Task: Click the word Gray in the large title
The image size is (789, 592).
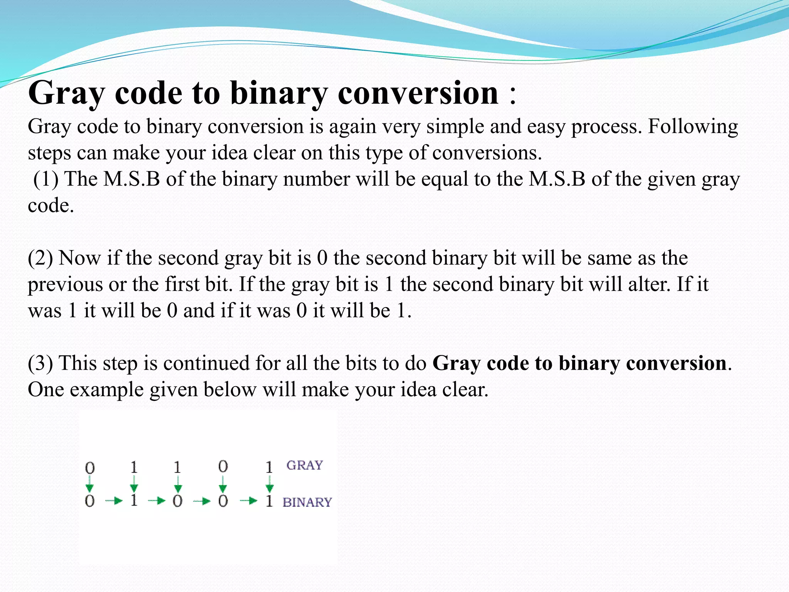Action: [66, 94]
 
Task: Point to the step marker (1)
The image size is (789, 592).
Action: [46, 180]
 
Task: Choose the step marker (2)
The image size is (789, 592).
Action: [40, 258]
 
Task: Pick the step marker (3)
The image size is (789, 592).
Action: [40, 363]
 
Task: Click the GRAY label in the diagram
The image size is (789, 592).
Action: [304, 466]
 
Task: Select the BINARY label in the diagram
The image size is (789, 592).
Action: [307, 503]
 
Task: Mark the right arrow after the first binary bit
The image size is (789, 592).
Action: [114, 501]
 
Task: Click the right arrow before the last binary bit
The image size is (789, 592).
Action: [248, 501]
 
